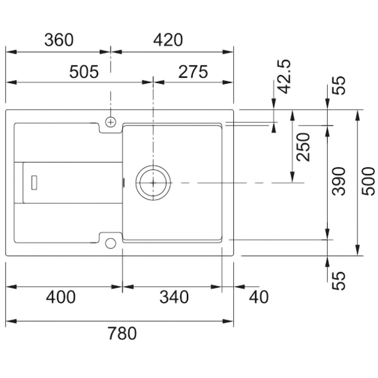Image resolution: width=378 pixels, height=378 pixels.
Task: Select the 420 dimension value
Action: [168, 40]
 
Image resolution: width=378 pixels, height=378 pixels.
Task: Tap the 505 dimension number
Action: [84, 72]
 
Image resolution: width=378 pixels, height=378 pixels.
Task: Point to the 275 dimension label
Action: [193, 72]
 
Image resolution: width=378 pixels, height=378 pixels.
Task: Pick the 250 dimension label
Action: [303, 147]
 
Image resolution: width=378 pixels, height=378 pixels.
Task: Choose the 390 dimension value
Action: [339, 181]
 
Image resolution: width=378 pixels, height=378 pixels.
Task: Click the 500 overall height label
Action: [369, 181]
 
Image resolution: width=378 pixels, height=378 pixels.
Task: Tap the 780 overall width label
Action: [122, 333]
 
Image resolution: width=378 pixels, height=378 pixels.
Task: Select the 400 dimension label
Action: [60, 297]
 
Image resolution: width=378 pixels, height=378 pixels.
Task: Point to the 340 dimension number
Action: [174, 297]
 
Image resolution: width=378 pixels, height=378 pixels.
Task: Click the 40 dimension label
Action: [259, 297]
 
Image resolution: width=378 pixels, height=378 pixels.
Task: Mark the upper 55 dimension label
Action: [339, 85]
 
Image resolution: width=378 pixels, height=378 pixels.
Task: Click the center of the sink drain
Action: [153, 183]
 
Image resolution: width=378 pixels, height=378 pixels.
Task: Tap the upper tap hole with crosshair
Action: [110, 122]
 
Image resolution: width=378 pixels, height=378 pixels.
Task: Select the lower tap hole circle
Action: [110, 243]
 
